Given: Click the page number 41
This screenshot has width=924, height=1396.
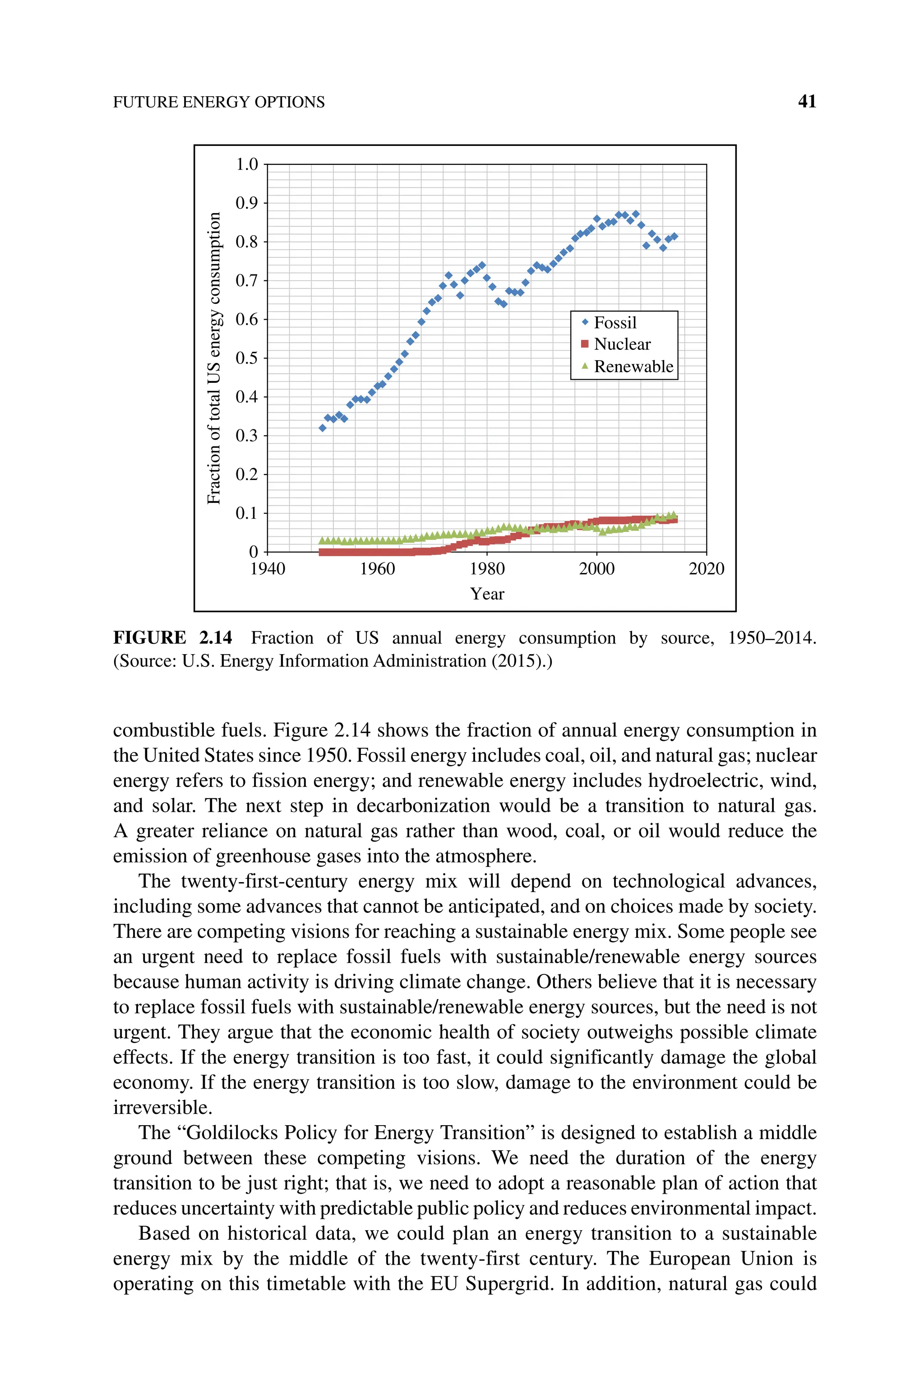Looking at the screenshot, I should [807, 102].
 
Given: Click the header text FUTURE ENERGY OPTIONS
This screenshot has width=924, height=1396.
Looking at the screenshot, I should [219, 102].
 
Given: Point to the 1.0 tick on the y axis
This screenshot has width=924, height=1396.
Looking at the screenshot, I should [247, 164].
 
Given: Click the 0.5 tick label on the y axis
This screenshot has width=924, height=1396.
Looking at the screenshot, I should [247, 358].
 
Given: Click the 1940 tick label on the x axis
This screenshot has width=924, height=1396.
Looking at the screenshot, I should [268, 569].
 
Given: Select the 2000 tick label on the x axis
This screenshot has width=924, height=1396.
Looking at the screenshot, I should [596, 569].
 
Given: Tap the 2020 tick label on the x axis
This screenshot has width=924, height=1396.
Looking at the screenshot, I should [706, 569].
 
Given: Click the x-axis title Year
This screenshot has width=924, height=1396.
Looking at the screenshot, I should [487, 594].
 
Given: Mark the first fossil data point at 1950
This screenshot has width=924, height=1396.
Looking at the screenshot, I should [322, 428].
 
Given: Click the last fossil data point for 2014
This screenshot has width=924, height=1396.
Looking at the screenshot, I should [674, 237].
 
